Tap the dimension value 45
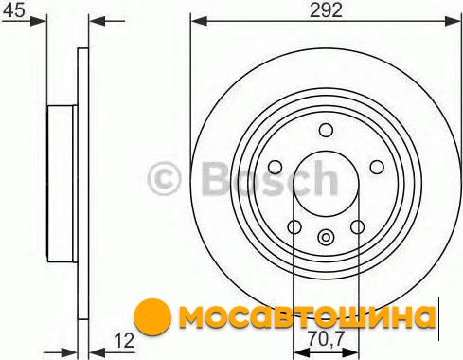(13, 10)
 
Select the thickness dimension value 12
(125, 341)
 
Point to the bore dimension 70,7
(326, 339)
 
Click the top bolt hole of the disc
(326, 130)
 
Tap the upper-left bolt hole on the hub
(275, 167)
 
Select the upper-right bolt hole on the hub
(377, 167)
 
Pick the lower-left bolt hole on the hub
(294, 226)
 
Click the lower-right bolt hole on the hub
(358, 226)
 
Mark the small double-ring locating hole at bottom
(326, 237)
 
